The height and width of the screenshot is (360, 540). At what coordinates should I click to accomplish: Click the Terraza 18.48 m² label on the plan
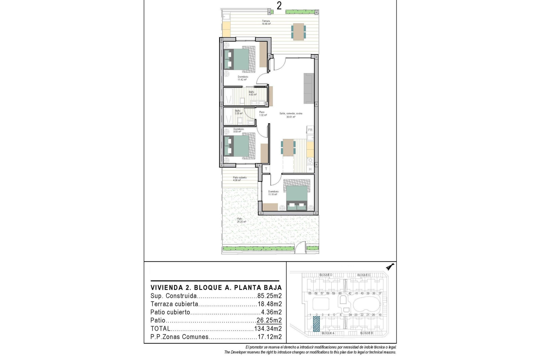tap(266, 22)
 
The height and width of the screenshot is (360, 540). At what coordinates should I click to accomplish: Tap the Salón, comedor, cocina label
tap(291, 115)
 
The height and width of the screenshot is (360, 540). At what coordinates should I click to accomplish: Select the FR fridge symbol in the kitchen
tap(310, 130)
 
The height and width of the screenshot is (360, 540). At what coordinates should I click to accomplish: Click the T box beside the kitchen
tap(266, 169)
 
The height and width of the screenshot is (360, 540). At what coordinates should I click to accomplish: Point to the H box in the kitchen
tap(310, 169)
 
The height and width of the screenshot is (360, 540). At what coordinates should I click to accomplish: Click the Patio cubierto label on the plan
tap(239, 179)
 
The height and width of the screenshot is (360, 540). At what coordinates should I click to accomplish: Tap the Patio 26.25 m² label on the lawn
tap(241, 220)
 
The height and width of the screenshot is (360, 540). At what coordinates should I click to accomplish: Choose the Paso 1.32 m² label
tap(262, 114)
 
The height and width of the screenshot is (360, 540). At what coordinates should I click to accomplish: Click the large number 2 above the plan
tap(279, 6)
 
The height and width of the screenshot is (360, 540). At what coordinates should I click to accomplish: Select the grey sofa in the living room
tap(309, 88)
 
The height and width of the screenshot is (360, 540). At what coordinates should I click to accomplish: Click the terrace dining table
tap(298, 31)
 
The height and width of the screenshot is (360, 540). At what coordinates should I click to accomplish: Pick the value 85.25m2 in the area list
tap(269, 296)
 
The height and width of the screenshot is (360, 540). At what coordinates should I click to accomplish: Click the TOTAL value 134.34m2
tap(268, 328)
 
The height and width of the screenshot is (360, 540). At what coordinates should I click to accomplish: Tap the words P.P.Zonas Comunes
tap(179, 337)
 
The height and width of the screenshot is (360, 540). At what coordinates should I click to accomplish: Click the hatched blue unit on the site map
tap(316, 324)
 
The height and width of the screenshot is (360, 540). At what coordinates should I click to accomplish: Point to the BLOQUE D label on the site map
tap(326, 275)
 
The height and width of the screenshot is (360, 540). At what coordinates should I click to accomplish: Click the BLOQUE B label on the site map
tap(366, 333)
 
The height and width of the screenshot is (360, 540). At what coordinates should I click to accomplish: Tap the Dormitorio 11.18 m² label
tap(273, 193)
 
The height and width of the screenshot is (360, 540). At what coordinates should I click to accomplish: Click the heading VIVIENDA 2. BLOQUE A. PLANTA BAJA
tap(216, 288)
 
